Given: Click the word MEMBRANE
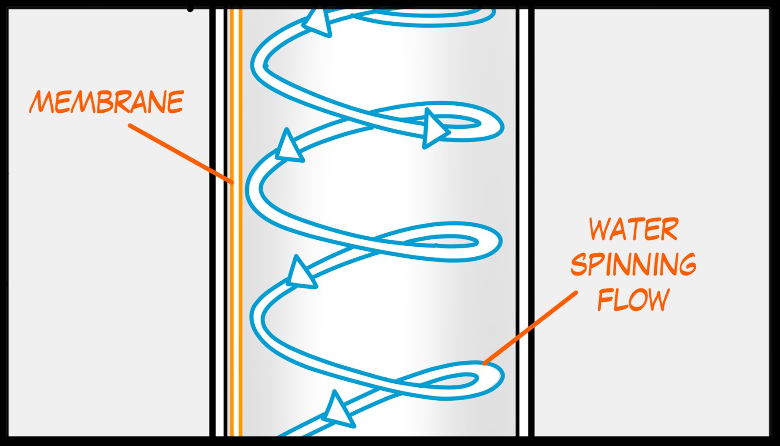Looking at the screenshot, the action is click(107, 102).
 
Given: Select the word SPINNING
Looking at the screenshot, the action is click(633, 264).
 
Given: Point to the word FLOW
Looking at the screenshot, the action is click(633, 299).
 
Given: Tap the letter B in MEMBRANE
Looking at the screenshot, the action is click(102, 102).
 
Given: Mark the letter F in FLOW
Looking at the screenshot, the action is click(605, 299).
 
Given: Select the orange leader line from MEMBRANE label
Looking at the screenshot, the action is click(181, 154).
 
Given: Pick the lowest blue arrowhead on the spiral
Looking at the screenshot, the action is click(338, 409).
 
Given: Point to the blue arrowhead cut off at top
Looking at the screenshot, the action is click(318, 22).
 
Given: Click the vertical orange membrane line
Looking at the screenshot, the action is click(236, 222).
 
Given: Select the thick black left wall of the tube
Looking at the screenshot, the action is click(213, 222).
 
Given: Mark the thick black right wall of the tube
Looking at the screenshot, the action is click(531, 222).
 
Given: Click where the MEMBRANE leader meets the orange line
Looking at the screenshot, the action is click(233, 182).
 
